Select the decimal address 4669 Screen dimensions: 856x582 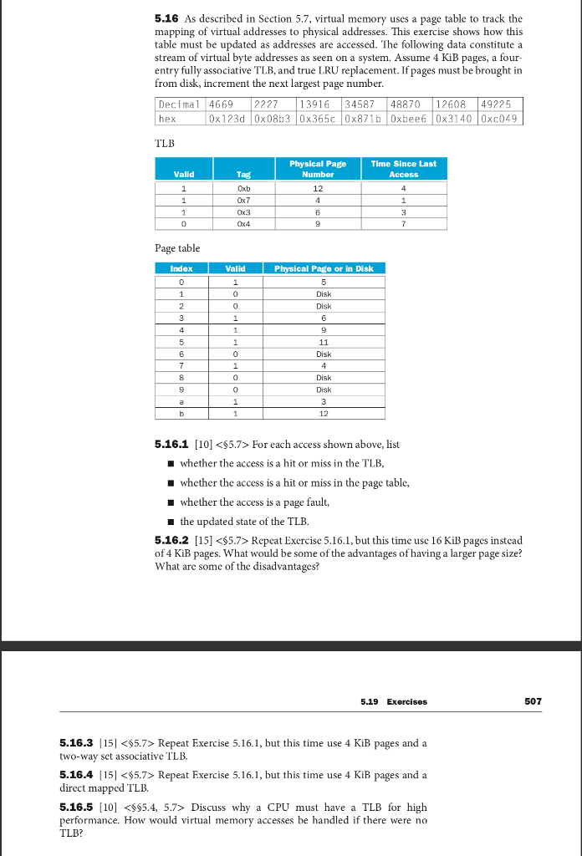point(221,104)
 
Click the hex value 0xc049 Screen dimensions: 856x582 point(499,119)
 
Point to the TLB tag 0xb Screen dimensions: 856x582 point(243,187)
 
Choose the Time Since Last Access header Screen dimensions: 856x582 point(404,169)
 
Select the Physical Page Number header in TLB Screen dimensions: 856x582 point(318,169)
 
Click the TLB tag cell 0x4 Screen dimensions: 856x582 point(243,223)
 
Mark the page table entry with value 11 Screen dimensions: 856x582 point(324,341)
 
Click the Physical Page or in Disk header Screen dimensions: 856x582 point(324,268)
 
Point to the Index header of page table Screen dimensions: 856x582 point(181,268)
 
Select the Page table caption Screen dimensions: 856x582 point(177,248)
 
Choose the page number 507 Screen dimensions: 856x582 point(533,701)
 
